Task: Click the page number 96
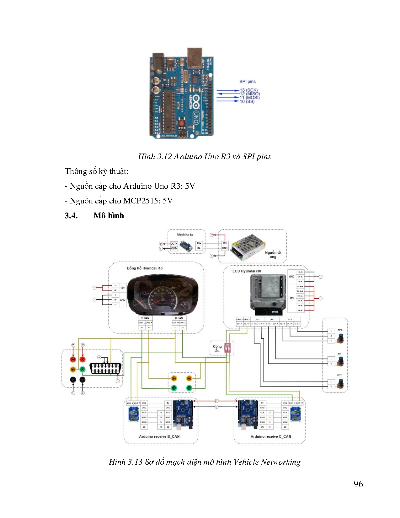(x=358, y=484)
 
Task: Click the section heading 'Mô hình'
(x=109, y=215)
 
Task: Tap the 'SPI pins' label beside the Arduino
(x=247, y=82)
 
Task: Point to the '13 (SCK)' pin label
(x=248, y=90)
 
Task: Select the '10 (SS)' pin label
(x=247, y=101)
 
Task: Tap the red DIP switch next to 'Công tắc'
(x=228, y=348)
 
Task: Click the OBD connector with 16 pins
(x=105, y=368)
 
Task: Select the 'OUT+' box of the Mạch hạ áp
(x=174, y=244)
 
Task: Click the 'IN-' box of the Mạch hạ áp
(x=199, y=248)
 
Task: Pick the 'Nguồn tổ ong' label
(x=273, y=255)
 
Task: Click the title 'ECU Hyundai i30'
(x=247, y=271)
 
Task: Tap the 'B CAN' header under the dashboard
(x=145, y=318)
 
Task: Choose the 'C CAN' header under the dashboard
(x=179, y=318)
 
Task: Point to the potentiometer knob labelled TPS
(x=341, y=338)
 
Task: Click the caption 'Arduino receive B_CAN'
(x=159, y=436)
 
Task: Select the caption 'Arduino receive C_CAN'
(x=271, y=436)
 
